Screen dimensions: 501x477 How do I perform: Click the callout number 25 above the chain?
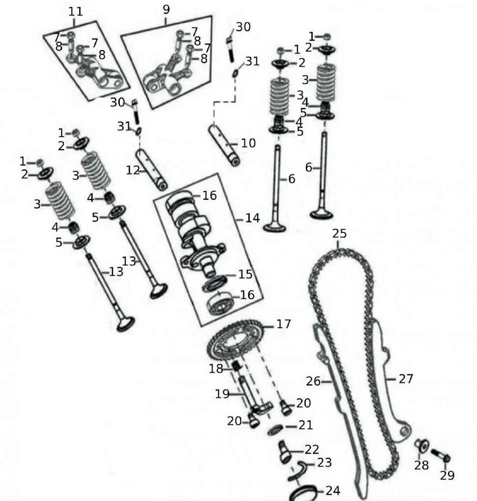339,233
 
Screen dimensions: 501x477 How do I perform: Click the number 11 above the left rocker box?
75,11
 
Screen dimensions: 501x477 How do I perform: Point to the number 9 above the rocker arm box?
166,9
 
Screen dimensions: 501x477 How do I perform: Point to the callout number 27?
406,378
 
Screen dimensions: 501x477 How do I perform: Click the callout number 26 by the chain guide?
313,381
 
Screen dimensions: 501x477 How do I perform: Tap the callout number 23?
324,462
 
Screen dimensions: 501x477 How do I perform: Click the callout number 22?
311,449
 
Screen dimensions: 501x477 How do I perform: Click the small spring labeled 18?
233,368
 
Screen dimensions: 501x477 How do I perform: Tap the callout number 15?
245,275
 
